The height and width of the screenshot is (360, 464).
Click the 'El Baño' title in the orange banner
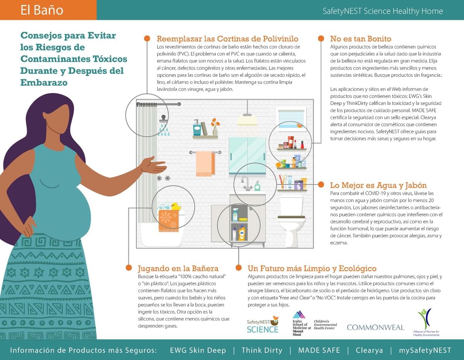pyautogui.click(x=42, y=10)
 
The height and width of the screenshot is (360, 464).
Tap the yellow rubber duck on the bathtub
pyautogui.click(x=176, y=206)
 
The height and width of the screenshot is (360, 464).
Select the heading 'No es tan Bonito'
pyautogui.click(x=361, y=39)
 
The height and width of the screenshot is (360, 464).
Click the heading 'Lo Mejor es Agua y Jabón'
pyautogui.click(x=379, y=185)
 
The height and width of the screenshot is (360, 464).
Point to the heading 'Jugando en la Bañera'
pyautogui.click(x=178, y=268)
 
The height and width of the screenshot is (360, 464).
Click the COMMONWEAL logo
pyautogui.click(x=375, y=328)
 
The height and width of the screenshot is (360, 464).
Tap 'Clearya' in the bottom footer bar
pyautogui.click(x=369, y=350)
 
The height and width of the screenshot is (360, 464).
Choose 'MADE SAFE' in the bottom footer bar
pyautogui.click(x=319, y=350)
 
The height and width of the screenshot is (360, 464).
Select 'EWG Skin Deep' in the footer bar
pyautogui.click(x=198, y=350)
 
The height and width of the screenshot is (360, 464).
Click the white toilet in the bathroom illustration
pyautogui.click(x=291, y=221)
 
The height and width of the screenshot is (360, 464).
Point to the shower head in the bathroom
pyautogui.click(x=164, y=119)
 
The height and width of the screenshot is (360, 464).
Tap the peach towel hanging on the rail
pyautogui.click(x=205, y=164)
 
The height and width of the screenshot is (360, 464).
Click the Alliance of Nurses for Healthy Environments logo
pyautogui.click(x=426, y=322)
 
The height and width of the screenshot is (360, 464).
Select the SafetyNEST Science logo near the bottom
pyautogui.click(x=263, y=324)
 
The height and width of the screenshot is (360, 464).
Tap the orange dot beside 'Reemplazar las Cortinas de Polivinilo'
pyautogui.click(x=147, y=38)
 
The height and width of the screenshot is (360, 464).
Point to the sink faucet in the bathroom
pyautogui.click(x=246, y=183)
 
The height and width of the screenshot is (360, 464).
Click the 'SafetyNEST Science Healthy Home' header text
pyautogui.click(x=383, y=11)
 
